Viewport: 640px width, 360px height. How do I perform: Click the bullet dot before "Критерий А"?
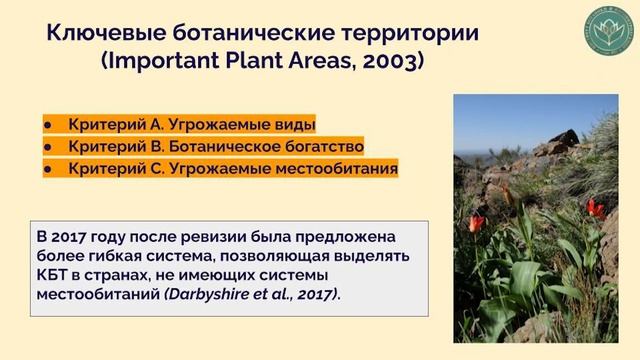[x=48, y=125]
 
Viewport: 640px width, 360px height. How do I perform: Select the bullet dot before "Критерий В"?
[x=48, y=147]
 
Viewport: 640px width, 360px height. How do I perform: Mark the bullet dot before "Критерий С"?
[x=48, y=169]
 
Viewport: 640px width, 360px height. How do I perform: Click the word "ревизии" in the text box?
[x=211, y=236]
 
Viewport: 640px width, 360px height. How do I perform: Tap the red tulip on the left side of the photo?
[x=476, y=222]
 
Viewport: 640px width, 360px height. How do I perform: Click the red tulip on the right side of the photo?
[x=596, y=208]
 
